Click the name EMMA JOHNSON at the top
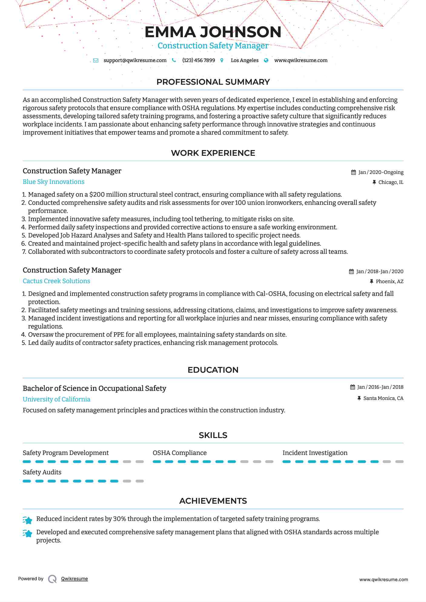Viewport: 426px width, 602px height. [x=213, y=32]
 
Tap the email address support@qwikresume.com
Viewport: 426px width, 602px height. [x=135, y=60]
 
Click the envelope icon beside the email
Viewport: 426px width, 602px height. [x=96, y=60]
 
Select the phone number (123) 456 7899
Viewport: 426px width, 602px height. [x=199, y=60]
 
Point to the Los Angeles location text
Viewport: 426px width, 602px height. [x=245, y=60]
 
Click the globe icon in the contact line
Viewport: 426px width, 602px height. [x=266, y=60]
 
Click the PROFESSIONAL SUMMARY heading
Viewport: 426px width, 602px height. [x=213, y=82]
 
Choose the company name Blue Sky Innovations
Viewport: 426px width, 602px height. [x=54, y=182]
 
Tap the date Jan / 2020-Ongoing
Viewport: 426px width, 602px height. [x=381, y=172]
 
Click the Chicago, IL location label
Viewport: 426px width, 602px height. [x=391, y=182]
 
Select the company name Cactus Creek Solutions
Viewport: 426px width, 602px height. [x=56, y=281]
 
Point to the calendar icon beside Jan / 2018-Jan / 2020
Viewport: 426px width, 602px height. [x=351, y=272]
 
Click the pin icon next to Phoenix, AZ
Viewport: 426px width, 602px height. [x=372, y=282]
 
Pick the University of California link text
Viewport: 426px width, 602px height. [x=56, y=399]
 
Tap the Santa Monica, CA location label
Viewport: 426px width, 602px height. [x=383, y=398]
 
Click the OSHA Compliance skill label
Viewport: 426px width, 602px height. [x=180, y=453]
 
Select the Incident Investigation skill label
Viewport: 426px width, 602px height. [x=315, y=453]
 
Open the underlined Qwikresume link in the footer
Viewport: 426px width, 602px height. [x=74, y=579]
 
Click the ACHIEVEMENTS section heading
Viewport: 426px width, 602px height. [x=213, y=501]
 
